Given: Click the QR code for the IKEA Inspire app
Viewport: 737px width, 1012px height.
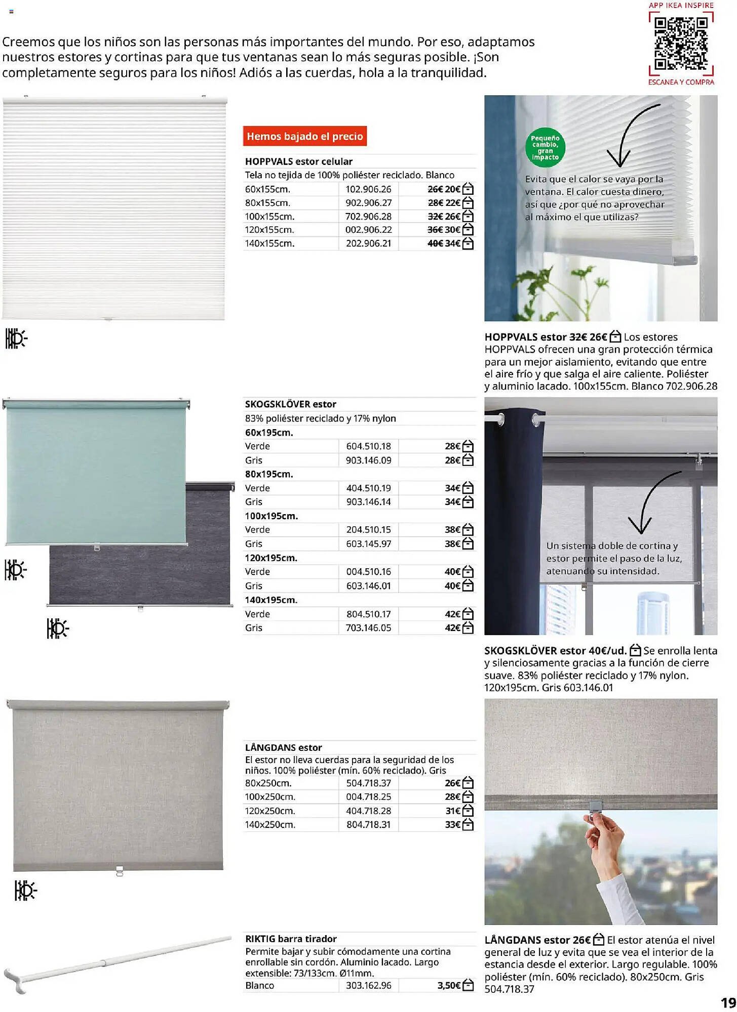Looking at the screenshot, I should click(x=681, y=44).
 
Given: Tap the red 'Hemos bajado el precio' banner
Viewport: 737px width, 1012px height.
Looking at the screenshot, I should click(x=304, y=136).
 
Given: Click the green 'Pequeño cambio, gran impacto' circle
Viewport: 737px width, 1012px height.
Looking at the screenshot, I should click(x=545, y=147).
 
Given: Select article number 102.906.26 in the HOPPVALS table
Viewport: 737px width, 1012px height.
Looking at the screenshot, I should click(x=368, y=189).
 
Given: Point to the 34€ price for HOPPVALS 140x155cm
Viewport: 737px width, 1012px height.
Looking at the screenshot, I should click(x=452, y=243).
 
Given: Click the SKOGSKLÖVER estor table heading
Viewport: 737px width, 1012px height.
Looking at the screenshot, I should click(x=290, y=404).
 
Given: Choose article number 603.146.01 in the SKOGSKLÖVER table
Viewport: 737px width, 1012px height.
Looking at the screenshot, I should click(x=368, y=586).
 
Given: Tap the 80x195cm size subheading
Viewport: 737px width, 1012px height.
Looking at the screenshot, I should click(x=269, y=474).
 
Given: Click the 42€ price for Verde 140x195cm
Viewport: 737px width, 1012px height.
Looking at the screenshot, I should click(x=452, y=614).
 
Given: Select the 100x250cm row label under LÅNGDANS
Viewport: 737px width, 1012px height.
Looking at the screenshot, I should click(x=270, y=797).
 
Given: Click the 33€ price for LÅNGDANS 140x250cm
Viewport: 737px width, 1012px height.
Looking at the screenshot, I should click(x=452, y=825).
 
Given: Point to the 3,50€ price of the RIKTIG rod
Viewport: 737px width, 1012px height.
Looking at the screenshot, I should click(x=449, y=986).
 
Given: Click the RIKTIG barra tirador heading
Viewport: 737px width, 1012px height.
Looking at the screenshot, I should click(x=291, y=939).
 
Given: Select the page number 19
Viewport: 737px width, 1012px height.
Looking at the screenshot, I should click(x=728, y=1002).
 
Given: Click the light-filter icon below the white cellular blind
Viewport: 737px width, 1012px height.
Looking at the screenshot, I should click(x=16, y=339).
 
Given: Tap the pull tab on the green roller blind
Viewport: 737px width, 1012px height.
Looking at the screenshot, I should click(x=97, y=547).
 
